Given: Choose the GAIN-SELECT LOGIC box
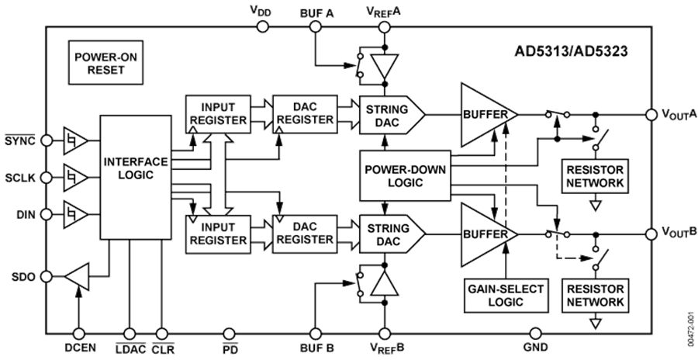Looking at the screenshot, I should (x=505, y=296).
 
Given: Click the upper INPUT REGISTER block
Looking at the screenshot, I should (x=217, y=113).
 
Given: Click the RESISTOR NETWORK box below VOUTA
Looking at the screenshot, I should (x=595, y=176).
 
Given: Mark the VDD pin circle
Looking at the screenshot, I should (x=262, y=26).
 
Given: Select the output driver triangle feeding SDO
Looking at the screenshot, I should (x=76, y=275).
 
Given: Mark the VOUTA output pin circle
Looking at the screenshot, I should (x=650, y=115).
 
